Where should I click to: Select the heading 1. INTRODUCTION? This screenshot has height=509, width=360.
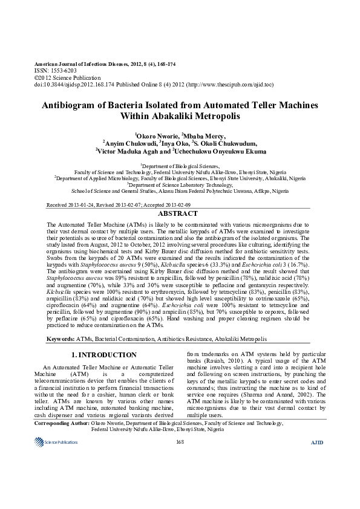pyautogui.click(x=104, y=355)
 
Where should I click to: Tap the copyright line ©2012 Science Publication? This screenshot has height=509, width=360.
pyautogui.click(x=66, y=77)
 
